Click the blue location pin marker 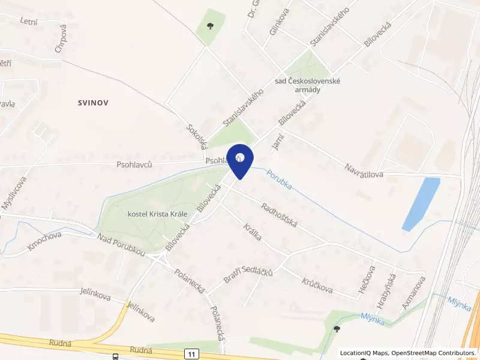(239, 160)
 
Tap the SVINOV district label (93, 103)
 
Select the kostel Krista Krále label (158, 214)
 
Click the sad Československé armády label (306, 85)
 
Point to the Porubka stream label (280, 178)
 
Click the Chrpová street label (59, 38)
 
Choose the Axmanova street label (414, 293)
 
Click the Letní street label (29, 22)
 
